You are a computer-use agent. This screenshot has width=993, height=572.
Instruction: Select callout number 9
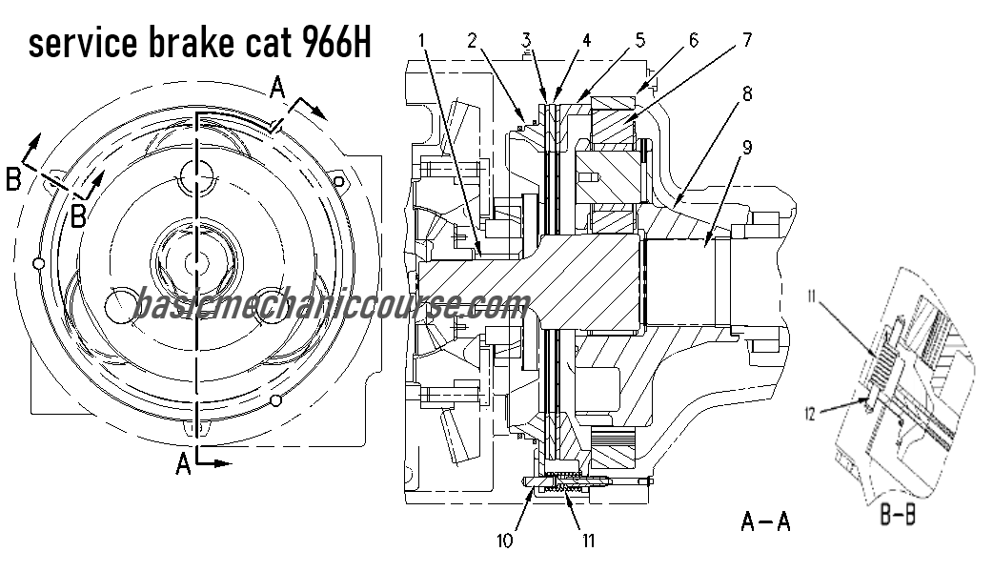(x=747, y=149)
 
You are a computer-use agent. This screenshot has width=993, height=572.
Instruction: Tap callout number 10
(x=505, y=541)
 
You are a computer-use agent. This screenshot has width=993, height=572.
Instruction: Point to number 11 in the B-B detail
(x=811, y=297)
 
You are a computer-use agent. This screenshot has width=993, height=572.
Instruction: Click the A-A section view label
(x=765, y=521)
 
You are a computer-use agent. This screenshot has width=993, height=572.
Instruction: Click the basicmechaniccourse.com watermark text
(x=331, y=305)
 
